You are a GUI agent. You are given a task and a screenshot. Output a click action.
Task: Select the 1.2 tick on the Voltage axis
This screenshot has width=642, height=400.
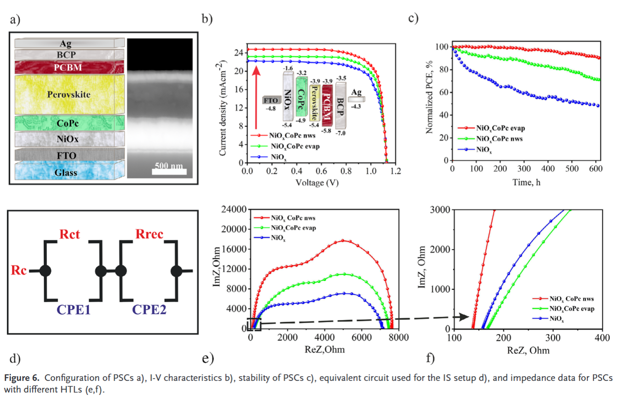click(395, 171)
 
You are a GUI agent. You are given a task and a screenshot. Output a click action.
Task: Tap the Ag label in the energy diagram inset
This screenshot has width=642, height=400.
click(357, 93)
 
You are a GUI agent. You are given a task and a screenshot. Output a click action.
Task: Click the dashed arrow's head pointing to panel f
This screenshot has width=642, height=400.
click(466, 317)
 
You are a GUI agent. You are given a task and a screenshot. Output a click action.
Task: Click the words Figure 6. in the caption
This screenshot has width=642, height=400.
click(22, 377)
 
